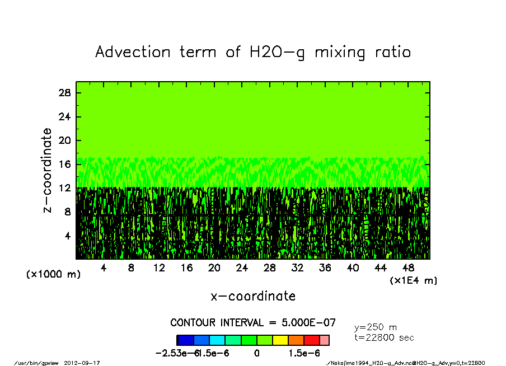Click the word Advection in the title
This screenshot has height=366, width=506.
[x=133, y=53]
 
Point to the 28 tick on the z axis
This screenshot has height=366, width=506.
[x=65, y=93]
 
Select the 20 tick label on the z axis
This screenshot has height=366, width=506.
[x=65, y=140]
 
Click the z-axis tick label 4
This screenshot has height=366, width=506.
[x=68, y=236]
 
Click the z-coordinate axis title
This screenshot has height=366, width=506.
[x=48, y=170]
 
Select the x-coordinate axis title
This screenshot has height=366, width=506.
[x=253, y=296]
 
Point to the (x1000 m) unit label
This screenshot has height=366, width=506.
[x=54, y=275]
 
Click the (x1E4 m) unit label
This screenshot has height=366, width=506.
[x=414, y=280]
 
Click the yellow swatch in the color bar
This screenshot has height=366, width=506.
[x=280, y=340]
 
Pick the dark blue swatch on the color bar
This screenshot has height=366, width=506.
[x=185, y=340]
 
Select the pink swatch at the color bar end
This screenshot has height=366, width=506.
[x=324, y=340]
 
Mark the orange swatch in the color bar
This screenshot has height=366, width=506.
[x=296, y=340]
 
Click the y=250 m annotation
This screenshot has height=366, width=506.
[x=376, y=327]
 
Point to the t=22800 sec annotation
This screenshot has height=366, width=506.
[x=385, y=337]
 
